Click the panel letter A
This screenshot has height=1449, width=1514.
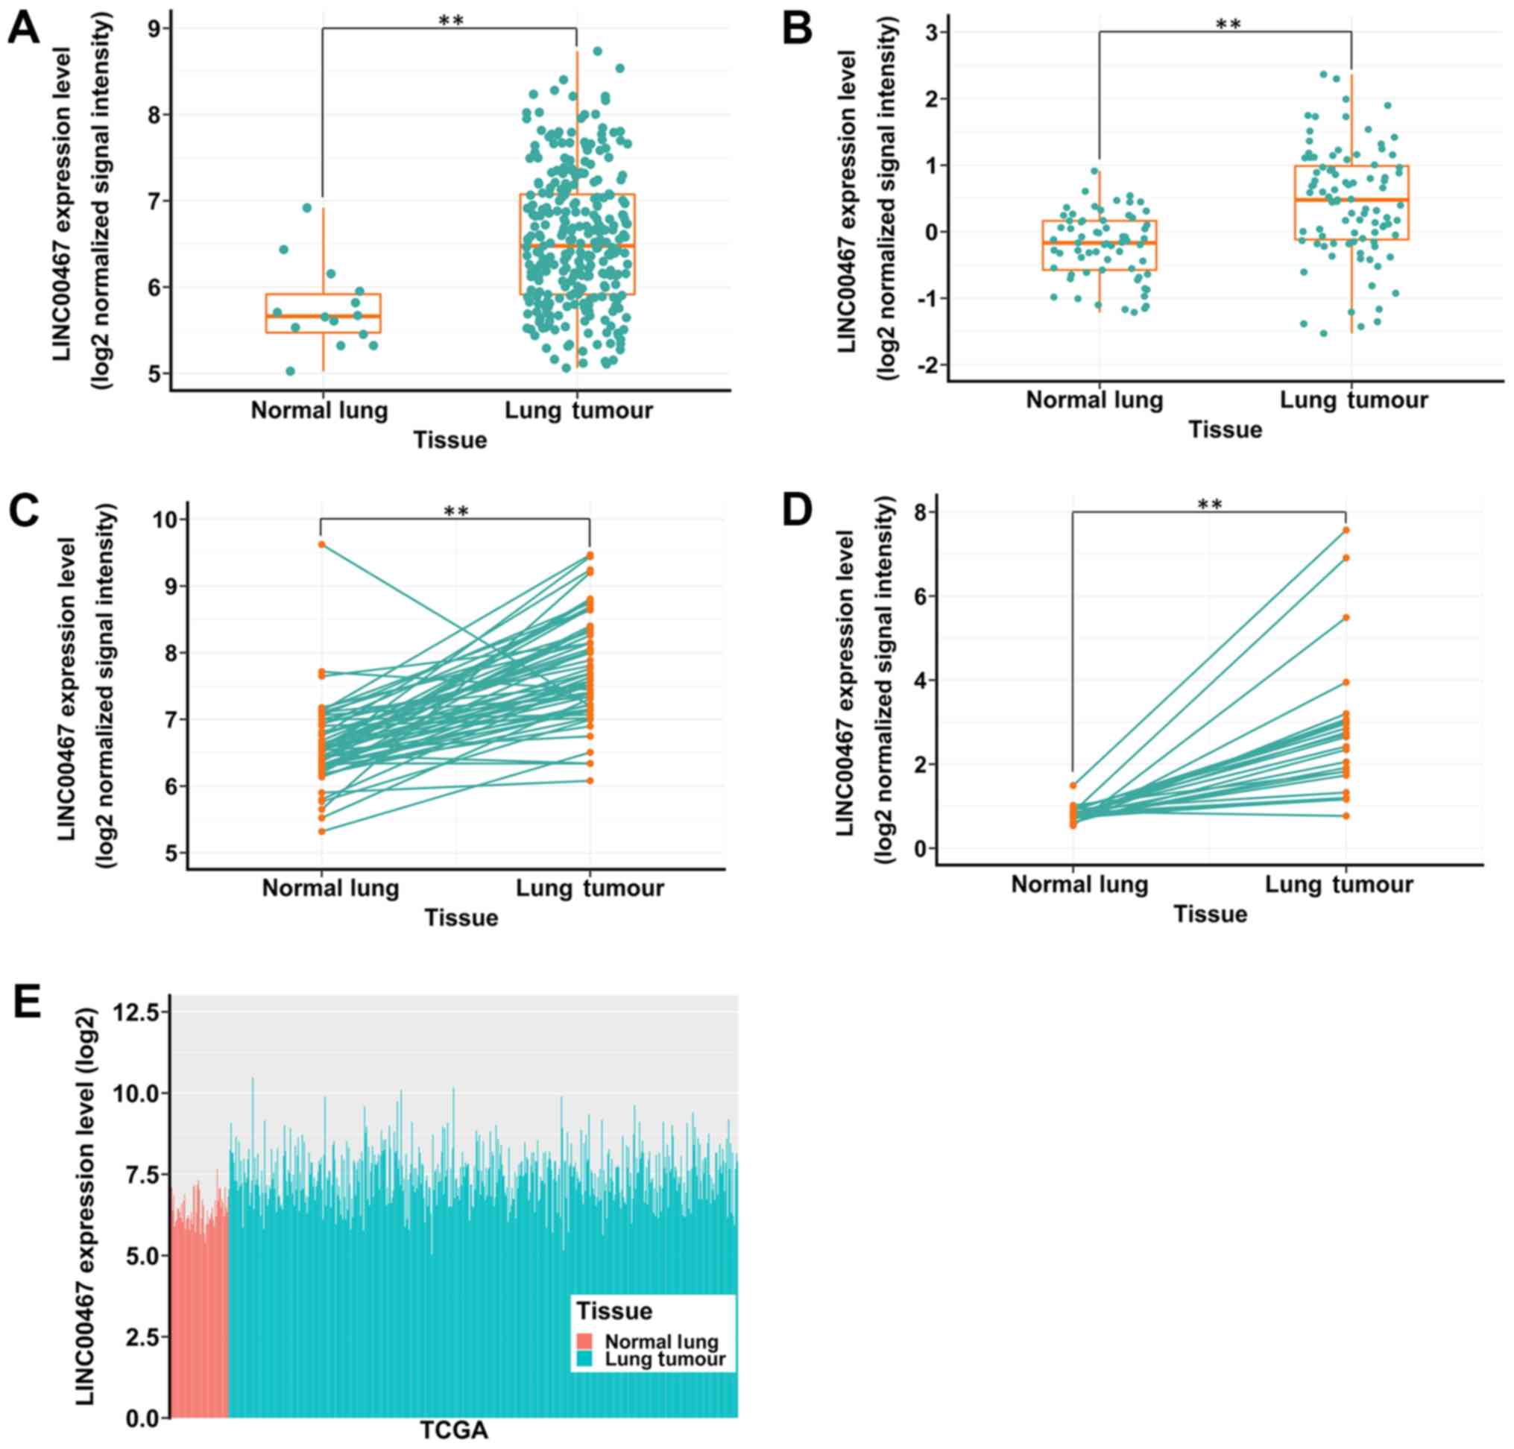coord(23,28)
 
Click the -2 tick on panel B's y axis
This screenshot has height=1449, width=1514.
coord(924,365)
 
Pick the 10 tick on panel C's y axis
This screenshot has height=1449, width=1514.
coord(166,519)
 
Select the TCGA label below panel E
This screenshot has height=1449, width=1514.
coord(454,1430)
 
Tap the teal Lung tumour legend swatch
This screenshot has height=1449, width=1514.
coord(584,1359)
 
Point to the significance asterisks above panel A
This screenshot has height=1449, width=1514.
coord(450,20)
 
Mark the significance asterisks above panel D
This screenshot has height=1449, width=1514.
coord(1210,505)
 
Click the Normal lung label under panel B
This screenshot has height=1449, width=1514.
coord(1094,400)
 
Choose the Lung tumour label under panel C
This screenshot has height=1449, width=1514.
coord(590,888)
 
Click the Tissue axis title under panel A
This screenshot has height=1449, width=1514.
coord(450,441)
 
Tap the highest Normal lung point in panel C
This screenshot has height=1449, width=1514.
coord(321,545)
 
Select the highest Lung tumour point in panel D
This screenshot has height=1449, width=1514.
coord(1346,530)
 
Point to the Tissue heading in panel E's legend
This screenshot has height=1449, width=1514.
coord(614,1311)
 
